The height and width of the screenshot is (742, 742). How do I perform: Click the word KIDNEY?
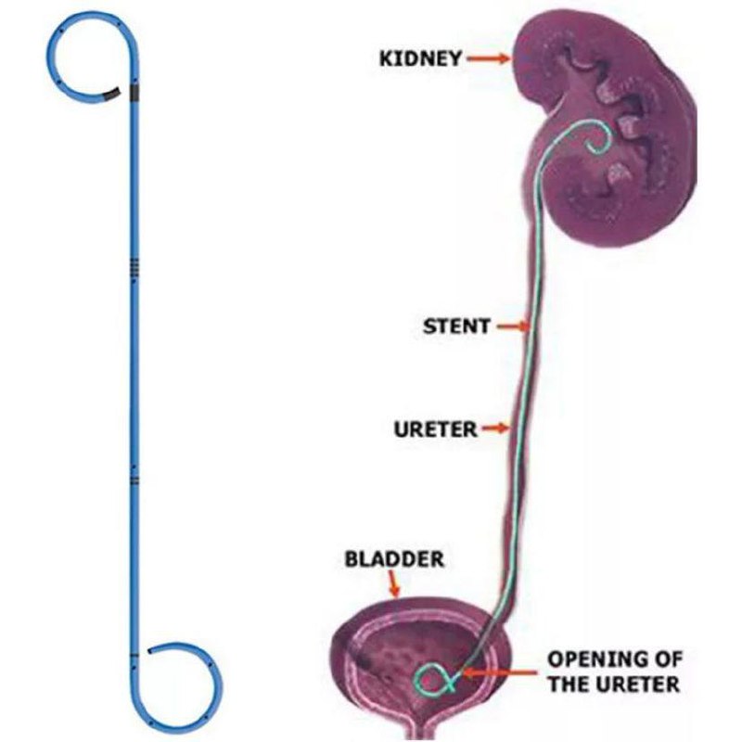[420, 58]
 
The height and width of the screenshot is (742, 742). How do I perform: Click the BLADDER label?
[394, 559]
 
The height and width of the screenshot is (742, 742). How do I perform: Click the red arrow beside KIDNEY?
[488, 58]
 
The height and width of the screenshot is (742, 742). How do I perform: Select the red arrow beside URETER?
[498, 429]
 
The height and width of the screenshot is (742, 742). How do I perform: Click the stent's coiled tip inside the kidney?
[598, 140]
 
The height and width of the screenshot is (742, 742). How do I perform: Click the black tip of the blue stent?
[111, 94]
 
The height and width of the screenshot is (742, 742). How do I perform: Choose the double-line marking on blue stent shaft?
[135, 480]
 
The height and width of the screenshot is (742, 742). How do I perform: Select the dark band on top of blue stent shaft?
[135, 91]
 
